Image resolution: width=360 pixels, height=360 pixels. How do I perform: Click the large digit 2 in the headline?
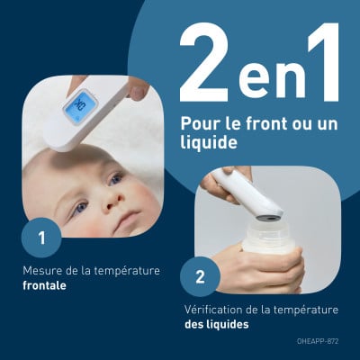204,62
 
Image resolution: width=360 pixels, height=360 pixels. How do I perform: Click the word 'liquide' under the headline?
209,142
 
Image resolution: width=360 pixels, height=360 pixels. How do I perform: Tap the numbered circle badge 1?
41,238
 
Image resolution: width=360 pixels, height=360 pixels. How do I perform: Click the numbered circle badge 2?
200,276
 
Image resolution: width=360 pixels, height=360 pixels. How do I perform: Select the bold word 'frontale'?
44,285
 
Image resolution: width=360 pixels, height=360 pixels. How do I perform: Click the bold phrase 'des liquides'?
217,324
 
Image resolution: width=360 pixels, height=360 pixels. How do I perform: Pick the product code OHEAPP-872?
318,341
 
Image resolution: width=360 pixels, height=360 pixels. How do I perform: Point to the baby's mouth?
129,220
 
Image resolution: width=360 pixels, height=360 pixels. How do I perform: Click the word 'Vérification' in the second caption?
213,310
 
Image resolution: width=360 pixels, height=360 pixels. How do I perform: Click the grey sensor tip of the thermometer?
269,217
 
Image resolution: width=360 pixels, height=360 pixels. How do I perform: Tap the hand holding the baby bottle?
258,267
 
